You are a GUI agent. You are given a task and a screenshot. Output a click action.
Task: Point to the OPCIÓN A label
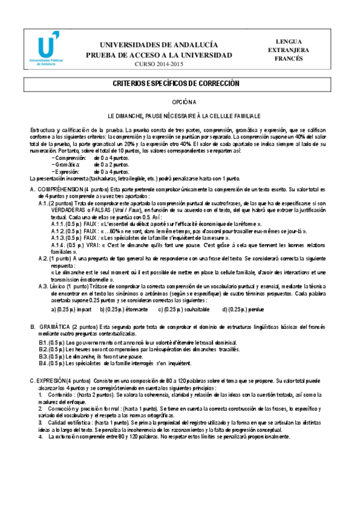click(x=180, y=103)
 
